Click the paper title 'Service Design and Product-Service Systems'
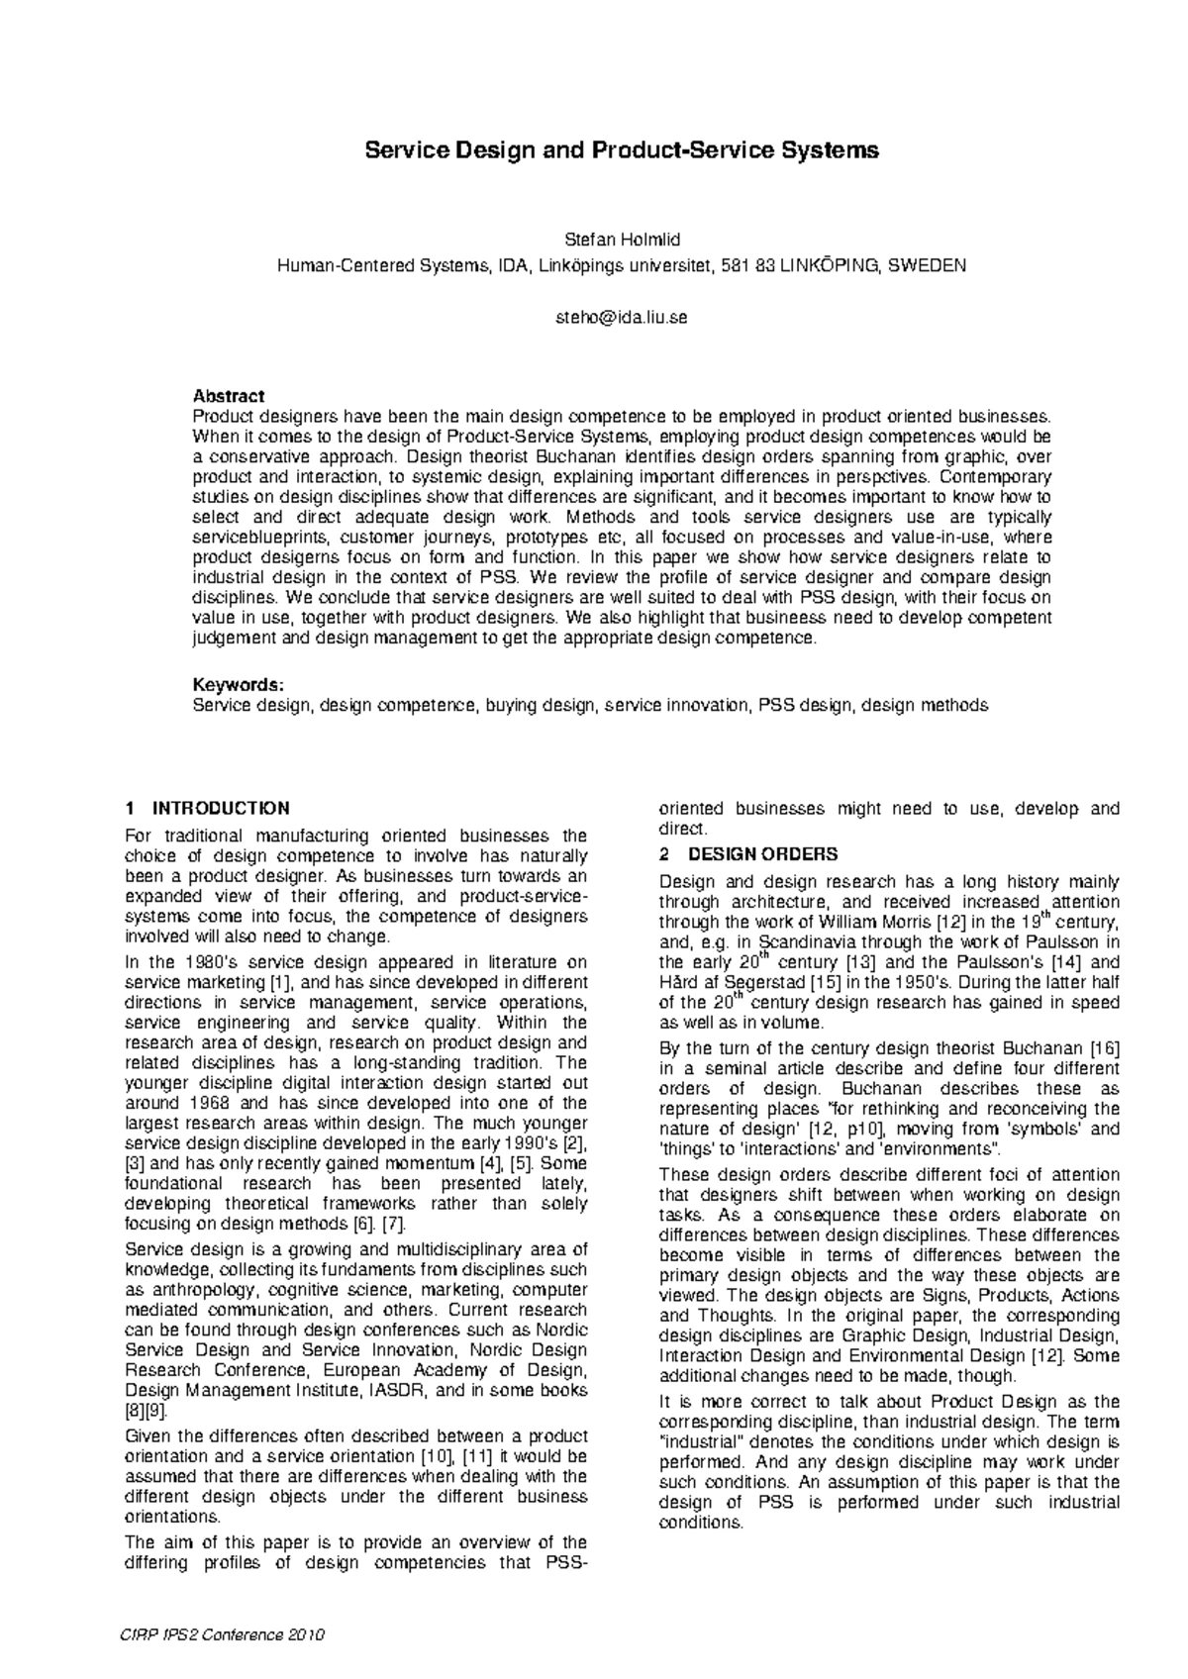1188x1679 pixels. [622, 150]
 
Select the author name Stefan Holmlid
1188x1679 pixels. [622, 240]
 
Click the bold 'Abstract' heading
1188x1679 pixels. [228, 396]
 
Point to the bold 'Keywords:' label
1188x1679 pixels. [239, 685]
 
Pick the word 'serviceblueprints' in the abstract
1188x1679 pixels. [253, 538]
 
